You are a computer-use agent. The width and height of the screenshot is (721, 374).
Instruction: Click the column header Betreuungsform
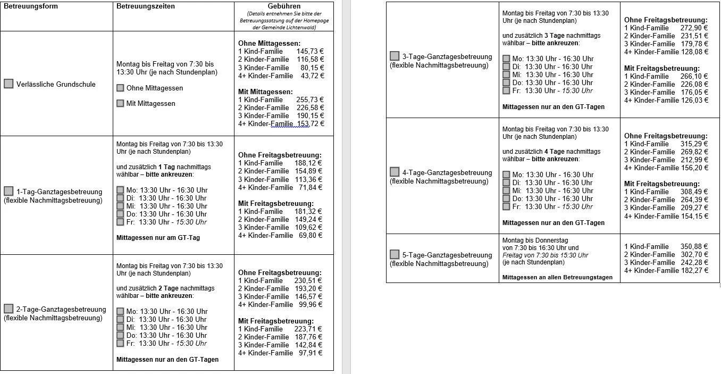(31, 6)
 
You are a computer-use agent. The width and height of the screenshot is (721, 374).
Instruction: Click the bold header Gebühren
(284, 6)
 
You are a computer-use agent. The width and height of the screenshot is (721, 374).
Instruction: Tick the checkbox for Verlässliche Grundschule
(9, 84)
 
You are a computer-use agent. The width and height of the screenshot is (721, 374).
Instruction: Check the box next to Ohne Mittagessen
(120, 88)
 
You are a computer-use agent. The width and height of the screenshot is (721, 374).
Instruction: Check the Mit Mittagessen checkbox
(120, 103)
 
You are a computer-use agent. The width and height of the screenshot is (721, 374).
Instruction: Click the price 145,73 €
(310, 51)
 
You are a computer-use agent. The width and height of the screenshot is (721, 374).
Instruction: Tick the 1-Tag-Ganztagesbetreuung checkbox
(9, 191)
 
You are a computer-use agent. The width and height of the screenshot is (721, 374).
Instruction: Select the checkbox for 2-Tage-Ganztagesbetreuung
(9, 309)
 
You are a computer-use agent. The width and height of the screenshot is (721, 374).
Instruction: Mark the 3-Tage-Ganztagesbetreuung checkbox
(395, 56)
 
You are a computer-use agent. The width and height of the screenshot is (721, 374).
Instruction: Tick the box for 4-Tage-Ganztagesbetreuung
(395, 172)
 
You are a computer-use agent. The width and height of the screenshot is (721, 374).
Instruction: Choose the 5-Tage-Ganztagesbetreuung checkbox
(395, 254)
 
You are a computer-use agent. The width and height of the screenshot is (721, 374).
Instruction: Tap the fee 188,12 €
(308, 163)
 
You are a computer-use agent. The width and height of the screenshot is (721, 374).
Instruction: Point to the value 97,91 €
(310, 353)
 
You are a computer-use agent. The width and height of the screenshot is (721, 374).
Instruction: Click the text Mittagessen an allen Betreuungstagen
(557, 277)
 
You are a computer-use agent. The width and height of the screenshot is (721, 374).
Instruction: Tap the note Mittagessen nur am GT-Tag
(158, 238)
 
